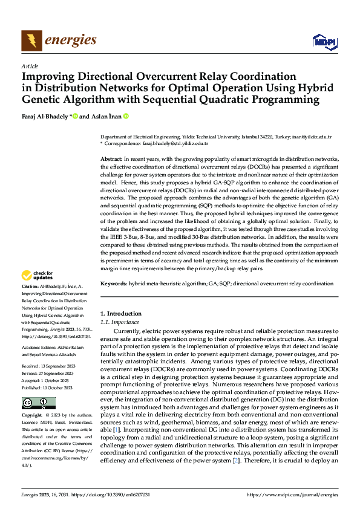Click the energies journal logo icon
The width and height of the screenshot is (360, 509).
[31, 41]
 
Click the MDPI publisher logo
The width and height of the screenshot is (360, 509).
[324, 41]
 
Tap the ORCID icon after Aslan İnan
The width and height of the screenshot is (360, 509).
[126, 116]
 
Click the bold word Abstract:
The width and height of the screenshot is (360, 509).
[111, 158]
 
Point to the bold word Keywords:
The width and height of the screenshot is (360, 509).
[114, 283]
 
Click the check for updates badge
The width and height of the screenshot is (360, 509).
[38, 276]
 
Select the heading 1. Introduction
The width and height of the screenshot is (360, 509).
[120, 314]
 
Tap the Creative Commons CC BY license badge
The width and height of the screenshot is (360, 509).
[39, 403]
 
